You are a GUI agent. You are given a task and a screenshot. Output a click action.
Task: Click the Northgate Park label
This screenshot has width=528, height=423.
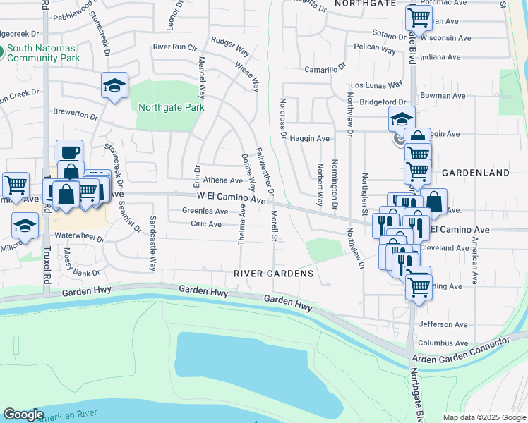pos(171,107)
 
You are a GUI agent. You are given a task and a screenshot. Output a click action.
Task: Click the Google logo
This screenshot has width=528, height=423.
pos(24,415)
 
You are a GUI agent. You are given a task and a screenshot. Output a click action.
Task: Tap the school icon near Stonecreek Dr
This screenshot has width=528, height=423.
pos(114,85)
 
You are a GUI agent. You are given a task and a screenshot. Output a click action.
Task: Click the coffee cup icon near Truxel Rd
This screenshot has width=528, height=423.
pos(69,152)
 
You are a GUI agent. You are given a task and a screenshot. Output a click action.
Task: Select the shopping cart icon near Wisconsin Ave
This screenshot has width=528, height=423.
pos(419,18)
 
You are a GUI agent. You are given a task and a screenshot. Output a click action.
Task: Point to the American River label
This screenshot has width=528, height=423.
pos(67,417)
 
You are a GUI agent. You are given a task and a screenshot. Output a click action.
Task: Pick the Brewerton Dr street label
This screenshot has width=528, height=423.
pos(75,113)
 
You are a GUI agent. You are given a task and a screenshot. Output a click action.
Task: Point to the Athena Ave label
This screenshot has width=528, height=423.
pos(222,180)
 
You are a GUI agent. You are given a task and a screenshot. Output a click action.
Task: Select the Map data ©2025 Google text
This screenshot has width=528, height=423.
pos(484,417)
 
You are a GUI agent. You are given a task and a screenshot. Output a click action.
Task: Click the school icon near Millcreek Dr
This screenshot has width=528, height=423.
pos(25,226)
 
